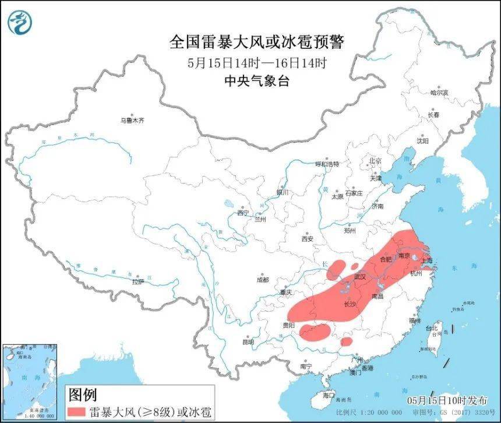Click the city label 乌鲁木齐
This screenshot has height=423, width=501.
click(x=132, y=121)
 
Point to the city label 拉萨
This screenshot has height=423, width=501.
click(x=137, y=281)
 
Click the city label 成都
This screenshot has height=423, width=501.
click(x=263, y=280)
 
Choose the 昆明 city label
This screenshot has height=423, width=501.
click(x=248, y=341)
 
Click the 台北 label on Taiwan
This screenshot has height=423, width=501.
click(x=432, y=328)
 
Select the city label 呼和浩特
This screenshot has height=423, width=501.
click(x=326, y=164)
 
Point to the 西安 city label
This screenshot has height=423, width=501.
click(x=308, y=239)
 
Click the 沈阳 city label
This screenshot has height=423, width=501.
click(x=422, y=141)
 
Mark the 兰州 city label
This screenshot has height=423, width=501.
click(x=260, y=220)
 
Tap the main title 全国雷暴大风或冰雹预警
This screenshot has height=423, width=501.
click(x=256, y=42)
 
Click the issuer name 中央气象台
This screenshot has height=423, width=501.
click(x=256, y=81)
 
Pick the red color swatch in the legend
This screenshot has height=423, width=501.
click(x=76, y=412)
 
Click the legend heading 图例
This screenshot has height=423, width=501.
click(x=82, y=394)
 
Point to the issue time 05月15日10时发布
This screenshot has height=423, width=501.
click(x=449, y=400)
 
